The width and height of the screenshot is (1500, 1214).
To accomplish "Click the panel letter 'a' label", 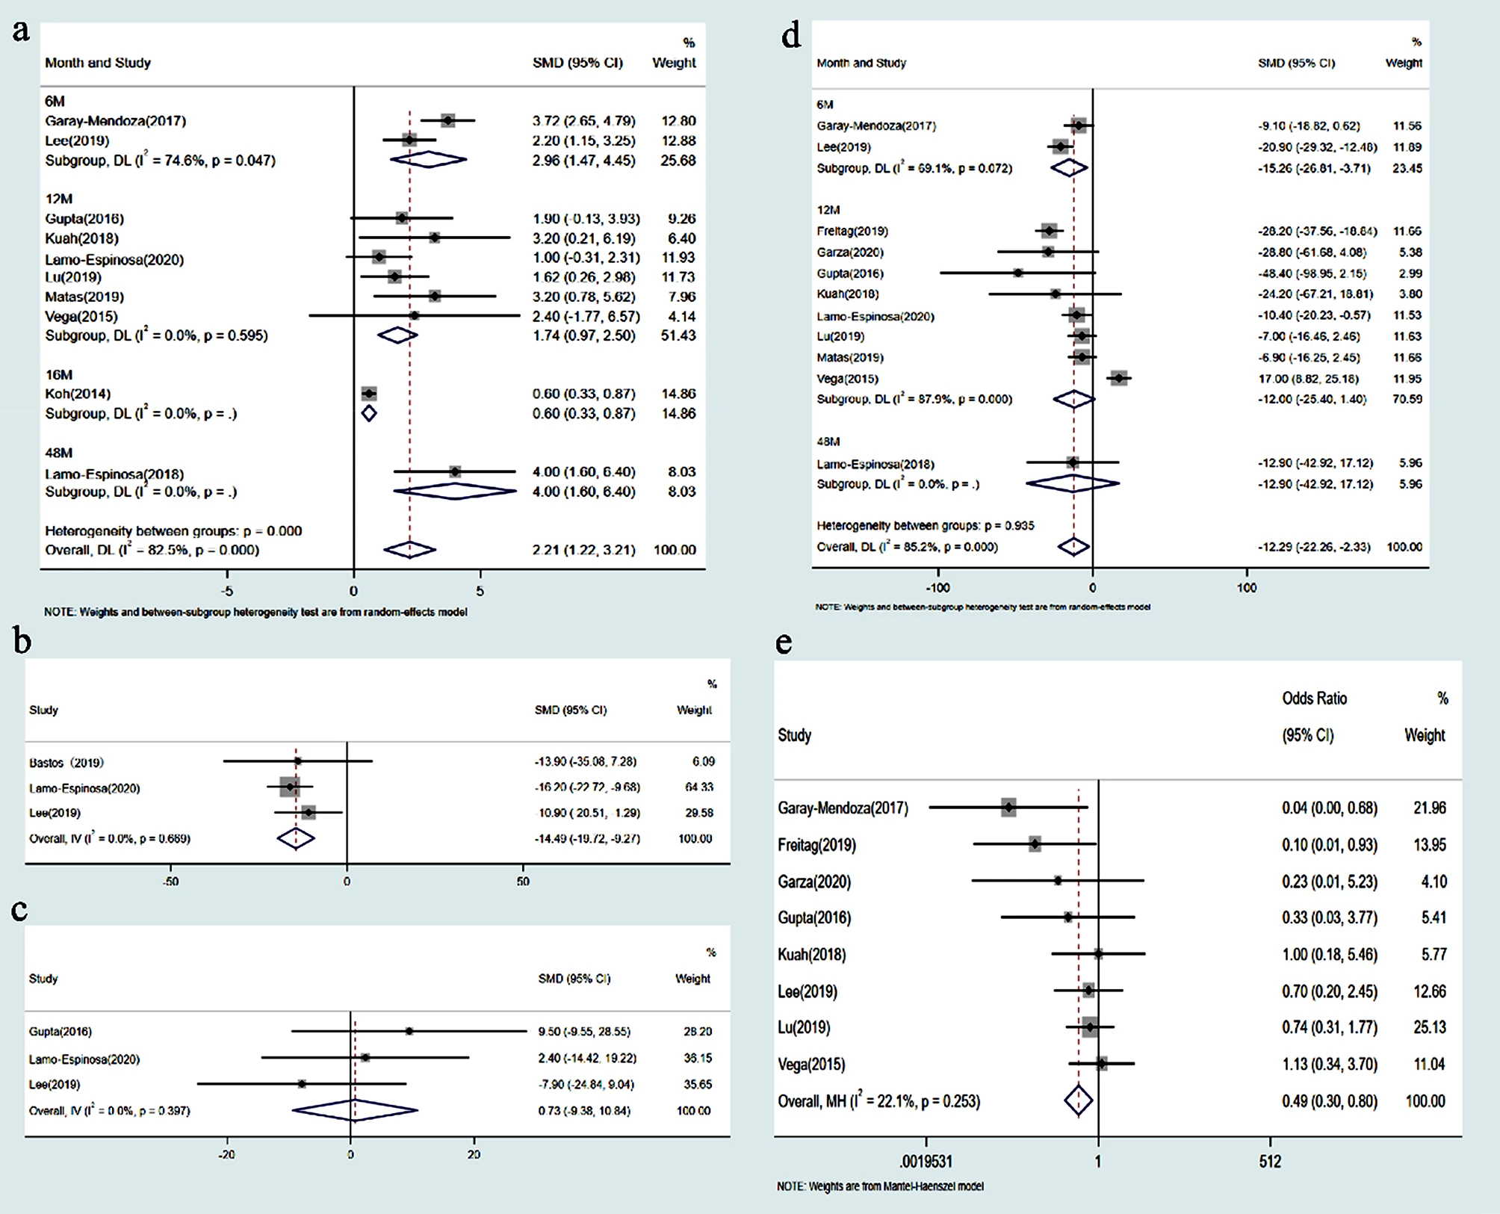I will (x=21, y=31).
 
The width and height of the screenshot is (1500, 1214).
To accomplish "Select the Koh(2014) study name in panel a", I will (x=78, y=394).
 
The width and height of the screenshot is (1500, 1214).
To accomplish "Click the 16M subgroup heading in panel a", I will (x=58, y=374).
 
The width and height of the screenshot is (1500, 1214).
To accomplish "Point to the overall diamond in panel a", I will (x=409, y=550).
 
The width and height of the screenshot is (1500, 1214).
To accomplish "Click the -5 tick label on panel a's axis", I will (x=227, y=591).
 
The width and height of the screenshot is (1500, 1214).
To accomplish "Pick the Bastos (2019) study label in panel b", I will (x=66, y=762).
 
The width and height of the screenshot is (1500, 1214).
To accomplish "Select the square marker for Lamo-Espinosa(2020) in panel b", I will (x=290, y=787).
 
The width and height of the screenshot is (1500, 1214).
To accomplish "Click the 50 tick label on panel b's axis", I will (x=522, y=882).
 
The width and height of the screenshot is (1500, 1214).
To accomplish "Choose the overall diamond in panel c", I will (x=355, y=1111).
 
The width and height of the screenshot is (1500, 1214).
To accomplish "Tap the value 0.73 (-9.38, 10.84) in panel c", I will (x=584, y=1111).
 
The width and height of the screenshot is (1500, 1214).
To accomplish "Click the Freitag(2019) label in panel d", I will (x=852, y=232).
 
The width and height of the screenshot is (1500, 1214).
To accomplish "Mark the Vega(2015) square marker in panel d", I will (x=1118, y=379).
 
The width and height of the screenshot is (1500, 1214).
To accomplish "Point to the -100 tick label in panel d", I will (x=937, y=588).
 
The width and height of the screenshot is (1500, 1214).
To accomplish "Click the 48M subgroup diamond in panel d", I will (x=1073, y=483).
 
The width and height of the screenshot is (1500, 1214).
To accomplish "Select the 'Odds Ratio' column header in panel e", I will (x=1314, y=699).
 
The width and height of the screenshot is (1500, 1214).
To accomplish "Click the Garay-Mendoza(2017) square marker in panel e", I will (x=1008, y=808).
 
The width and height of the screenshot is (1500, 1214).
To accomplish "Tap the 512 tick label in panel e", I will (x=1270, y=1162).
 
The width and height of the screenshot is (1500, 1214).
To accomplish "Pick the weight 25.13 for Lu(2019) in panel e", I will (x=1429, y=1028).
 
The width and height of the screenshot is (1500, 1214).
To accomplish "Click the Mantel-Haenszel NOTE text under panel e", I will (x=880, y=1186).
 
